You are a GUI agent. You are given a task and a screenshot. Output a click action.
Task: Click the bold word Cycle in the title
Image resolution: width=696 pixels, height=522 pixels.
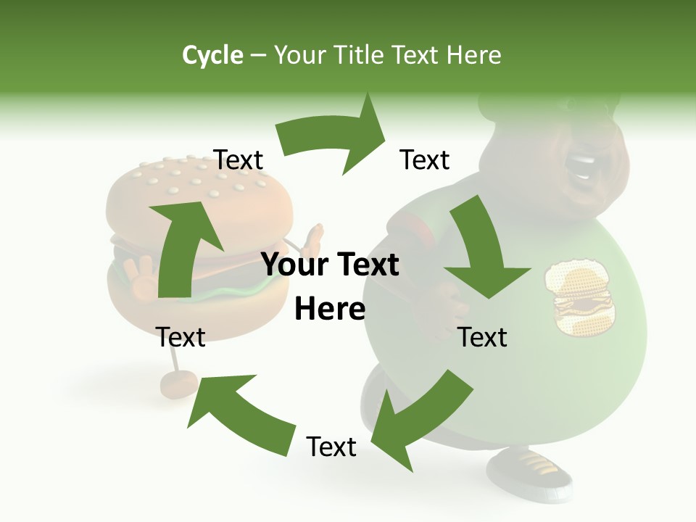(212, 55)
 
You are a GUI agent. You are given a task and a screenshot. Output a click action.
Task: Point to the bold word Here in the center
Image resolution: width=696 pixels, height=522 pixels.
(330, 310)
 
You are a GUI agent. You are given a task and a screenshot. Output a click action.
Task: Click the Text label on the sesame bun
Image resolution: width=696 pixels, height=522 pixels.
(238, 160)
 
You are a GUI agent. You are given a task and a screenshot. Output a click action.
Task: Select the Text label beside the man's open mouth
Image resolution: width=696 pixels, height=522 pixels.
(425, 160)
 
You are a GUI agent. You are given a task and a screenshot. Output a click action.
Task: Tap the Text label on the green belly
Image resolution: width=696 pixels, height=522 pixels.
(483, 338)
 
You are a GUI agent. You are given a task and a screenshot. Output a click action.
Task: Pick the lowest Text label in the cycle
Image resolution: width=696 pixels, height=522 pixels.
(331, 447)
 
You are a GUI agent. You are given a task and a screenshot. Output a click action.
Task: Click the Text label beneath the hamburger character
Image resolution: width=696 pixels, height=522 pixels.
(181, 337)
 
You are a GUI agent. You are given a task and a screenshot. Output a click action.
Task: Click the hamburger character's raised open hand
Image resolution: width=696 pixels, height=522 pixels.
(312, 239)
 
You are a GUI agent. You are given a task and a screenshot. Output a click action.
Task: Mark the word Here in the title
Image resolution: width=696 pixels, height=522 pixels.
(473, 55)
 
